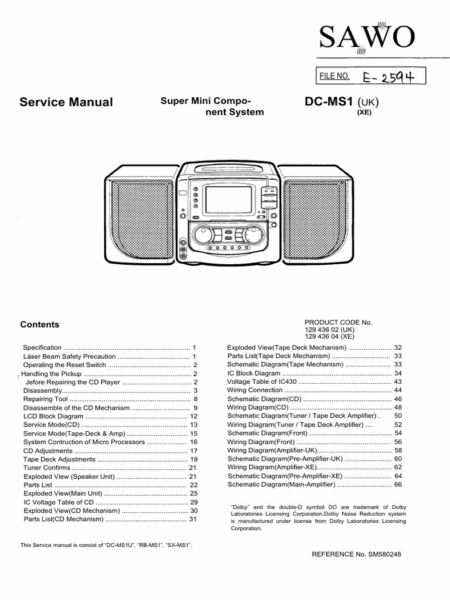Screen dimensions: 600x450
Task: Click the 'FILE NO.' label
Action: point(335,76)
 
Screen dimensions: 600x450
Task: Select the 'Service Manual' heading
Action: point(66,102)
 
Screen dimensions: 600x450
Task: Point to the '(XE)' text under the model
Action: point(364,113)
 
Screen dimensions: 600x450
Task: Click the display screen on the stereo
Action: point(228,200)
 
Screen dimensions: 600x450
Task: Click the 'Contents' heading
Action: point(40,325)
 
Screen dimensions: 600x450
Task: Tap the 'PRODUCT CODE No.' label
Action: point(338,322)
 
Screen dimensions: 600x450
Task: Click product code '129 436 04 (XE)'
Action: point(329,337)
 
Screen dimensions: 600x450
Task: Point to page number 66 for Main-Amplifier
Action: point(398,485)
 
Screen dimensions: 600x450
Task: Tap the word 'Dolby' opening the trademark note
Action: point(240,507)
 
